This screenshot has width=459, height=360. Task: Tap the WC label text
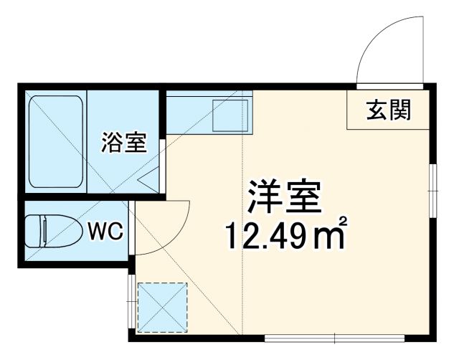pyautogui.click(x=107, y=231)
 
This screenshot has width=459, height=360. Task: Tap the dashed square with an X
pyautogui.click(x=162, y=307)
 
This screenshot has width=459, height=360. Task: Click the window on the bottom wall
pyautogui.click(x=334, y=337)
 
